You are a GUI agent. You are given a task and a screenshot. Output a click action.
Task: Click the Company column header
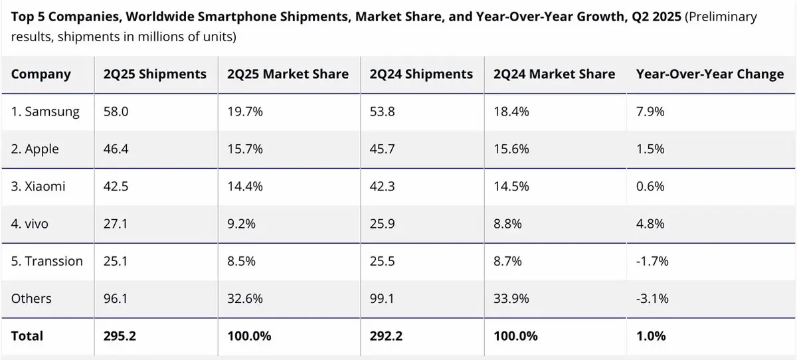point(41,74)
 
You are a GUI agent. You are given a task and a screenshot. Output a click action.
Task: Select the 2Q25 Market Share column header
point(288,74)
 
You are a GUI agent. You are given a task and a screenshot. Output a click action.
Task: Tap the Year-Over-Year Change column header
point(710,74)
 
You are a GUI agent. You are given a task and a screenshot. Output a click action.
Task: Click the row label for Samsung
point(45,112)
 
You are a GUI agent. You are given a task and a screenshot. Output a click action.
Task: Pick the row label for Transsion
point(47,261)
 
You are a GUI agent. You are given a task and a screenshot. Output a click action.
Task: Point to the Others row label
point(31,298)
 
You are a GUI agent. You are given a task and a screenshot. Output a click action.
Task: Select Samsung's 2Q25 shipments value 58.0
point(116,112)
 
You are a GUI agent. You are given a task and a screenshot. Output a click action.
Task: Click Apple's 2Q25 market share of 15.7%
point(245,149)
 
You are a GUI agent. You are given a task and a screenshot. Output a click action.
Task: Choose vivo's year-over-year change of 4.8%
point(650,224)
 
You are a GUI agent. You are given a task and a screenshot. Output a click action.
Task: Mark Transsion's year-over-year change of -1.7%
point(652,261)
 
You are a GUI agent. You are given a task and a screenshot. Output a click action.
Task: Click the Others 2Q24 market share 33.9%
point(511,298)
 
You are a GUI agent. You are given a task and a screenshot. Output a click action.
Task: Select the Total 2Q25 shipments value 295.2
point(120,336)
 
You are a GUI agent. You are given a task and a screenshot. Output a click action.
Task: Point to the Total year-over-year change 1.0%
point(651,336)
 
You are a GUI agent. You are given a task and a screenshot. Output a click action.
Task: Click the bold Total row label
point(27,336)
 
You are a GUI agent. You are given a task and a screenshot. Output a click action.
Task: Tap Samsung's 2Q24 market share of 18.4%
point(511,112)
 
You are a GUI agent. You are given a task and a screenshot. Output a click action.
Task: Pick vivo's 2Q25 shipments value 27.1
point(115,224)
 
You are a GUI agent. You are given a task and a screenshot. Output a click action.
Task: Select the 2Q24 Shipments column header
point(420,74)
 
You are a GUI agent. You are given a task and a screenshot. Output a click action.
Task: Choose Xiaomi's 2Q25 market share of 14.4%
point(245,187)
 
